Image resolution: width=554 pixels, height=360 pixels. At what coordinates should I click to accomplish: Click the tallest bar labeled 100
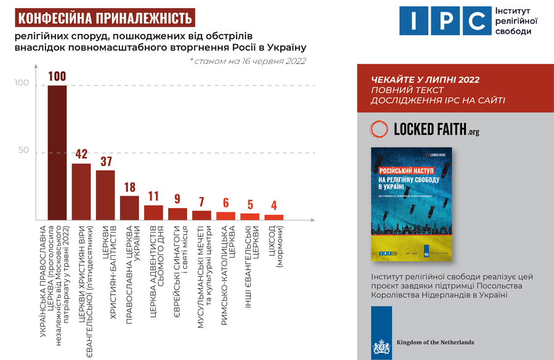[x=57, y=152]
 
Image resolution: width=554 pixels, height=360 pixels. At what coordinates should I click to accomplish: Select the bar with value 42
[x=81, y=191]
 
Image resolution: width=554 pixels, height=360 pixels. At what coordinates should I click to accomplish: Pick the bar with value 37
[x=105, y=195]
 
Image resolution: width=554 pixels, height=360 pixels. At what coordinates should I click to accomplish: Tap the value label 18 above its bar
[x=129, y=188]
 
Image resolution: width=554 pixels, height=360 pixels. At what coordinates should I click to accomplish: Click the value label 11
[x=153, y=197]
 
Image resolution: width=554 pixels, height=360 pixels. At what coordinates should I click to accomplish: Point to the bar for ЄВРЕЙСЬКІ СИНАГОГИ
[x=177, y=214]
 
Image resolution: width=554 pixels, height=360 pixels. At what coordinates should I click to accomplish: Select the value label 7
[x=201, y=202]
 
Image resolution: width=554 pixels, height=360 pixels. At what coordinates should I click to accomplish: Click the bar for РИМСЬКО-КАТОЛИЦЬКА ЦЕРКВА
[x=225, y=216]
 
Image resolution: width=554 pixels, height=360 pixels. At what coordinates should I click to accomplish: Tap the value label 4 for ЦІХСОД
[x=273, y=206]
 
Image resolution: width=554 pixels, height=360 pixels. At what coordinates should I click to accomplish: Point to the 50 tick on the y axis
[x=23, y=151]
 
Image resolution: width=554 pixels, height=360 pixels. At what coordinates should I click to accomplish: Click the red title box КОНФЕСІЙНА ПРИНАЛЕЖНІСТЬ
[x=103, y=17]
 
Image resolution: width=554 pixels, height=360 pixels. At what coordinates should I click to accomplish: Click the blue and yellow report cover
[x=412, y=204]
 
